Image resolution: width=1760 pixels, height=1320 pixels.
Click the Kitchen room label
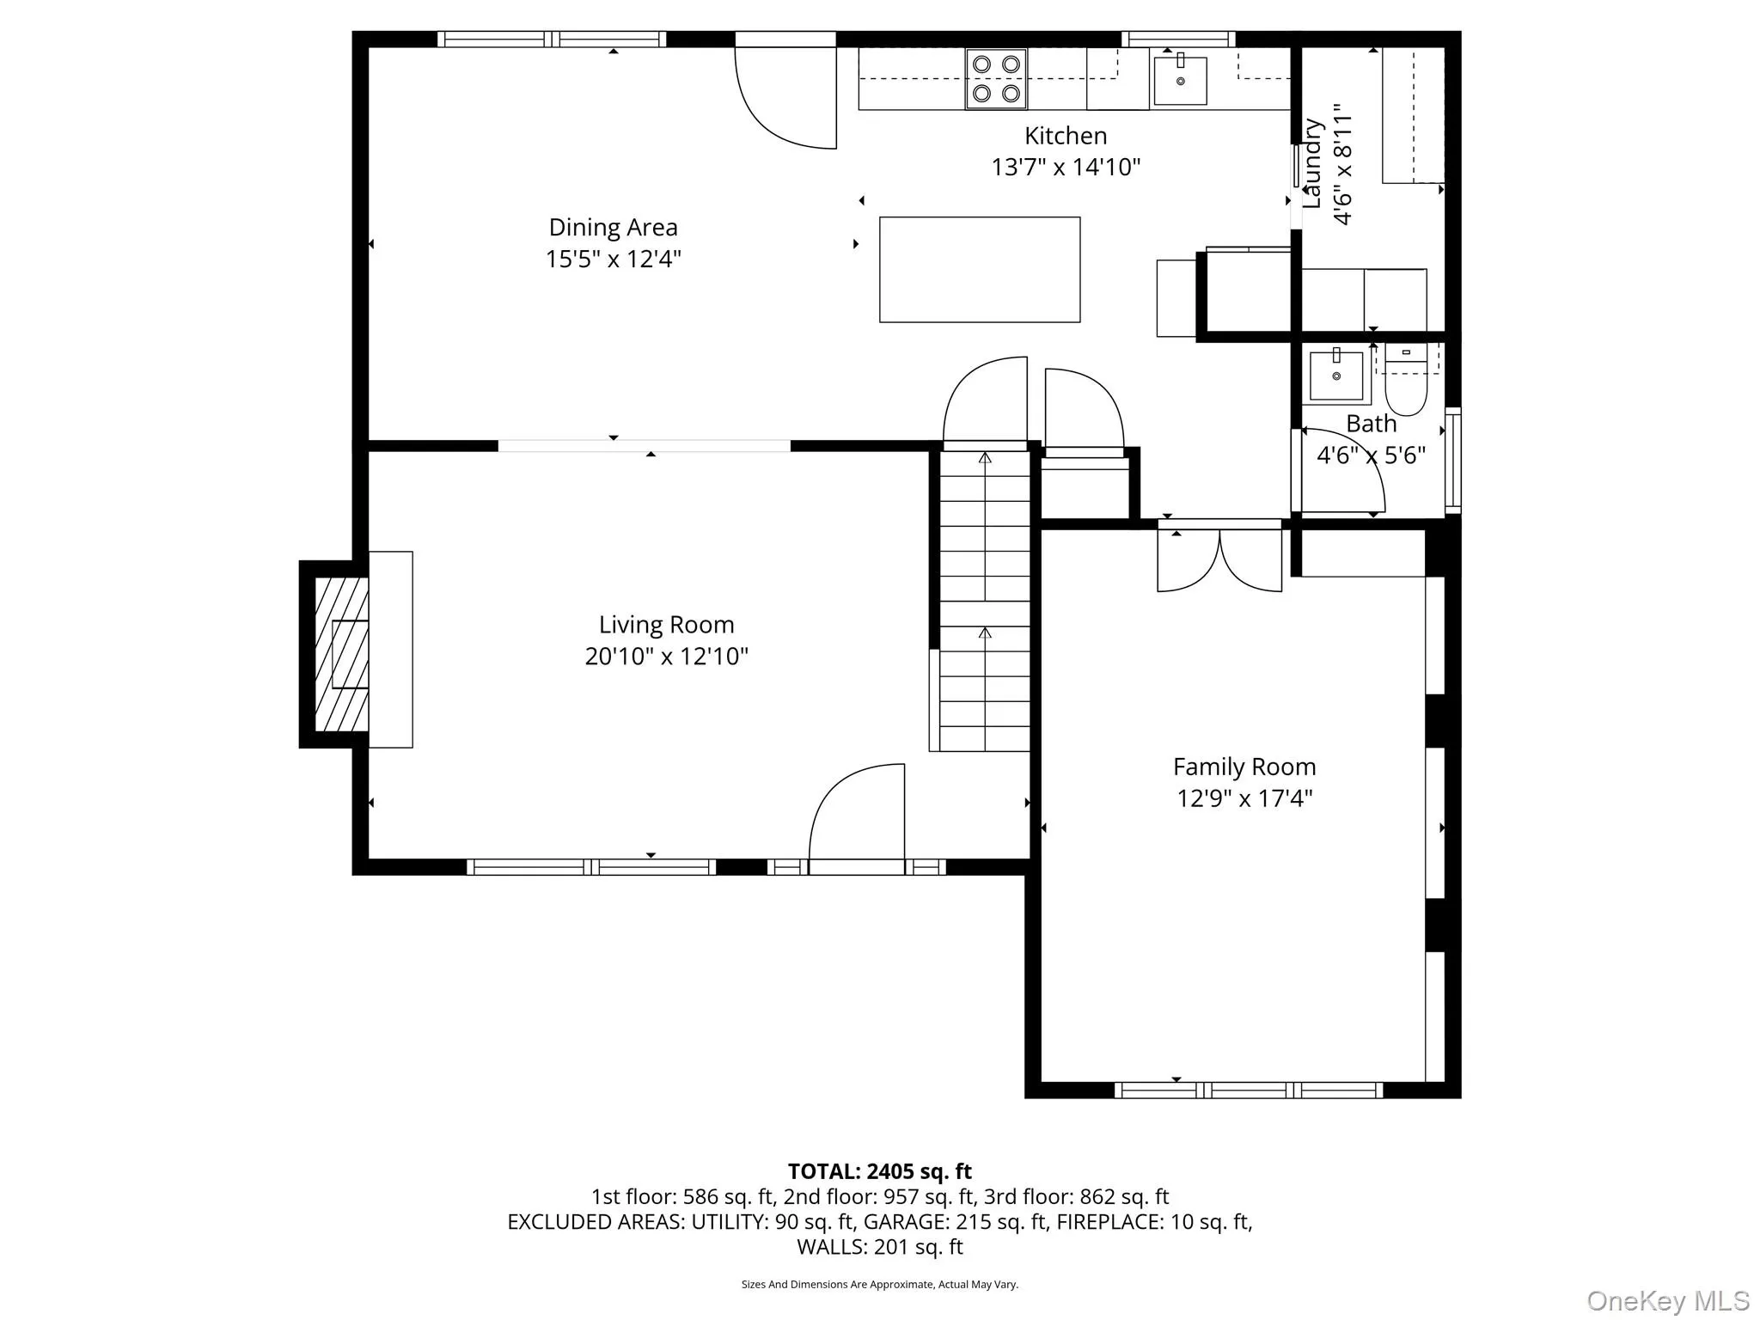click(1066, 136)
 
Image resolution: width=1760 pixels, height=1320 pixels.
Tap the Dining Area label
click(614, 228)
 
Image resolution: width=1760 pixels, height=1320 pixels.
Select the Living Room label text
click(667, 625)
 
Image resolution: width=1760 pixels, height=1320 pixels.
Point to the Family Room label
click(1244, 767)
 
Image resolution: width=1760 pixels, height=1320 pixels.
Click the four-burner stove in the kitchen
click(996, 79)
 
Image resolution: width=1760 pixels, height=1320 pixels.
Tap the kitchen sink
click(1180, 80)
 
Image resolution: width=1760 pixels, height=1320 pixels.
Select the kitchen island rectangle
click(980, 270)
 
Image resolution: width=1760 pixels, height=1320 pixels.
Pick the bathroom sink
click(1336, 375)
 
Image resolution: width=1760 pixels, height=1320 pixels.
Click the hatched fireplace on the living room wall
click(342, 654)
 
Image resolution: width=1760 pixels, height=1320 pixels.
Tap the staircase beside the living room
click(985, 601)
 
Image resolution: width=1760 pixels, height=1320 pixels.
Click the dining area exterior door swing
click(785, 97)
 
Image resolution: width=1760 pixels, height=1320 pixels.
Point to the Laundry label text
click(1311, 163)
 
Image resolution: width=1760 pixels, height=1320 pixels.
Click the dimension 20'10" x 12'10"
click(667, 657)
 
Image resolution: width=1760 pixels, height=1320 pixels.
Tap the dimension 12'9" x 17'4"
click(1244, 798)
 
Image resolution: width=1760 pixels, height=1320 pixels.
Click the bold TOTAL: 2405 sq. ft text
click(880, 1171)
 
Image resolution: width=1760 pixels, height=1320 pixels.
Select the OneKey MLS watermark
click(1668, 1300)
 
